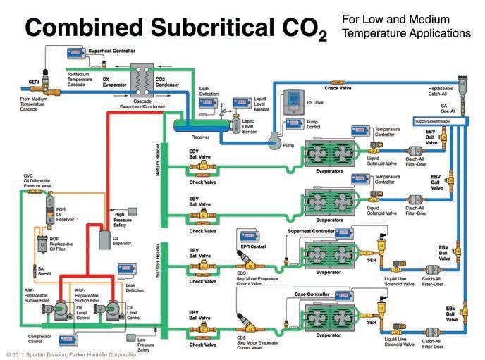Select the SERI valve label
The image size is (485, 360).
33,81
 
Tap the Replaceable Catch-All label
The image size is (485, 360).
445,93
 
